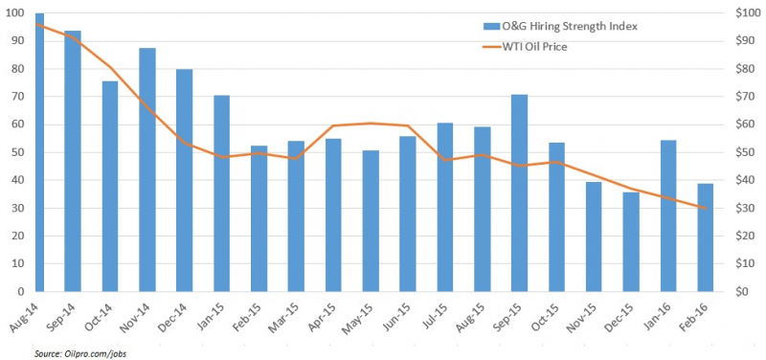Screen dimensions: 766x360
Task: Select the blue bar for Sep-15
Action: pyautogui.click(x=519, y=193)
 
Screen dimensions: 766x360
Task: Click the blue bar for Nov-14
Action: pyautogui.click(x=147, y=170)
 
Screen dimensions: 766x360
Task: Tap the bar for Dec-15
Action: pyautogui.click(x=631, y=242)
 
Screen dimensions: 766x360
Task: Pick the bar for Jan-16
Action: pyautogui.click(x=668, y=215)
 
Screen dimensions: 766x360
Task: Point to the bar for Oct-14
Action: pyautogui.click(x=110, y=187)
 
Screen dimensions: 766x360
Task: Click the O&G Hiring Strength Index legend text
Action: pyautogui.click(x=569, y=27)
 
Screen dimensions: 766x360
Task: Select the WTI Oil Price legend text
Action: pyautogui.click(x=534, y=47)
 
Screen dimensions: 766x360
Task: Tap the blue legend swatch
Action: pyautogui.click(x=491, y=27)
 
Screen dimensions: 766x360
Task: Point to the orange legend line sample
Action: pyautogui.click(x=491, y=47)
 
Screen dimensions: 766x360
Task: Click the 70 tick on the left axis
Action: pyautogui.click(x=19, y=97)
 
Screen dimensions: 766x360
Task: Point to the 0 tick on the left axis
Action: pyautogui.click(x=21, y=292)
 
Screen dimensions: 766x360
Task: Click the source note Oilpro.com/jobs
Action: pyautogui.click(x=80, y=353)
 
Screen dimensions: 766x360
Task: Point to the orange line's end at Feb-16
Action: pyautogui.click(x=706, y=208)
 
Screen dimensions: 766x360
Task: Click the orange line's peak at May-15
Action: pyautogui.click(x=371, y=124)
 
